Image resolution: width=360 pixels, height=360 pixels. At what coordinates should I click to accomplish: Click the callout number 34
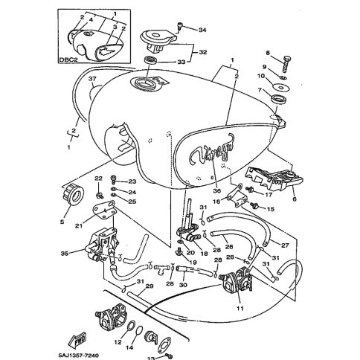pyautogui.click(x=202, y=30)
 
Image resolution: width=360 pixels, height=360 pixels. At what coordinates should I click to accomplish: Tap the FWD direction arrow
pyautogui.click(x=77, y=339)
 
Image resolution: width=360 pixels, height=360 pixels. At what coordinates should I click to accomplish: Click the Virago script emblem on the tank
pyautogui.click(x=212, y=150)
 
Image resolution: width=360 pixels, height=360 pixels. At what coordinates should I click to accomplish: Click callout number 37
pyautogui.click(x=92, y=79)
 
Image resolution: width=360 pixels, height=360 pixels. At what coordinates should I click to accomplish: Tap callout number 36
pyautogui.click(x=216, y=190)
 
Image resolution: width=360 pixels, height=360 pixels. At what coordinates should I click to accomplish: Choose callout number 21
pyautogui.click(x=79, y=225)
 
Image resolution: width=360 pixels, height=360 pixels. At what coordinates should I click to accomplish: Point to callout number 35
pyautogui.click(x=65, y=254)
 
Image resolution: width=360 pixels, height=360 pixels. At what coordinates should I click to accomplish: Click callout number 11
pyautogui.click(x=240, y=309)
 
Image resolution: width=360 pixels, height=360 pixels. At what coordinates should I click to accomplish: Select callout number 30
pyautogui.click(x=183, y=285)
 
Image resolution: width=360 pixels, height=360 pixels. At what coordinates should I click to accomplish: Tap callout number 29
pyautogui.click(x=150, y=286)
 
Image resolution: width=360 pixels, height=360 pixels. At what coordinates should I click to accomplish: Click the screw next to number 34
pyautogui.click(x=179, y=27)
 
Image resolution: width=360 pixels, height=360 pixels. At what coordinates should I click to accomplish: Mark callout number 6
pyautogui.click(x=295, y=199)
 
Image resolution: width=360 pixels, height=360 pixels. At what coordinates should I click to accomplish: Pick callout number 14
pyautogui.click(x=129, y=347)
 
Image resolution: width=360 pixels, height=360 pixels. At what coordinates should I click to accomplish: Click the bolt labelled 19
pyautogui.click(x=179, y=252)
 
